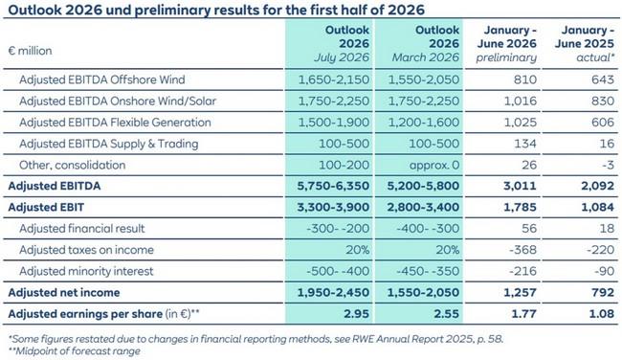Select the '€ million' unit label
[31, 51]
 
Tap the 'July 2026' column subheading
[342, 57]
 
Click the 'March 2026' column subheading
[426, 57]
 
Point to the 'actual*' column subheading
[595, 57]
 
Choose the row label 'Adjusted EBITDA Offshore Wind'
[102, 79]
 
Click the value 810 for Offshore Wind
[525, 79]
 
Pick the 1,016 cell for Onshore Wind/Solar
[520, 101]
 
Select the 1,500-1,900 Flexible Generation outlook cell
[334, 123]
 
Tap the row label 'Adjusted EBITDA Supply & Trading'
[109, 144]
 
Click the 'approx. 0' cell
[434, 165]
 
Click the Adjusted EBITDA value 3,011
[520, 186]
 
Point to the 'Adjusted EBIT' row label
[46, 207]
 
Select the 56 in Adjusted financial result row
[529, 229]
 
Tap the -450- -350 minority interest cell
[428, 272]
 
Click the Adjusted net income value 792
[603, 293]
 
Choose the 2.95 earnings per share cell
[357, 314]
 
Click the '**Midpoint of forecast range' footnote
[75, 351]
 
